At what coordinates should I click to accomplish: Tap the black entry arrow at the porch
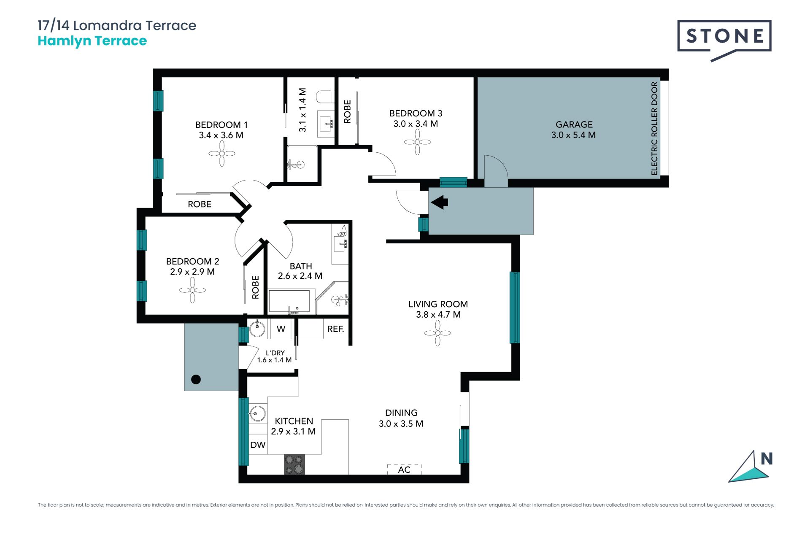(439, 202)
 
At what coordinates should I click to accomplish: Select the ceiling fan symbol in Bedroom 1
(222, 154)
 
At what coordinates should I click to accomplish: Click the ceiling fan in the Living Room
(437, 333)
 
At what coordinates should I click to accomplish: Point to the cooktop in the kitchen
(294, 464)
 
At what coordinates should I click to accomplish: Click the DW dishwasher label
(258, 445)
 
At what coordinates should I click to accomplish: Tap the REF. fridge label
(336, 329)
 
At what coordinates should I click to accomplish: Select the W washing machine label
(281, 329)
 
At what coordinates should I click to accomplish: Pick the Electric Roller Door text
(654, 129)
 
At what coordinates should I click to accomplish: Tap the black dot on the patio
(196, 379)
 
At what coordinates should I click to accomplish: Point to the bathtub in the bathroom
(292, 301)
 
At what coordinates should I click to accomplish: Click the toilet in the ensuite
(326, 97)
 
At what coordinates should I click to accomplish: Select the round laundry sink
(257, 329)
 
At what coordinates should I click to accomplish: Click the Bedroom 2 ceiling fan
(192, 290)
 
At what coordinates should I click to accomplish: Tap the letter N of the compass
(767, 459)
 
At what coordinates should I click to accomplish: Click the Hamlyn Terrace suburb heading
(92, 41)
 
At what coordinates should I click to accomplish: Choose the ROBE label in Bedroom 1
(200, 204)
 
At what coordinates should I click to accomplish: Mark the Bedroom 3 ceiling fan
(417, 142)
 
